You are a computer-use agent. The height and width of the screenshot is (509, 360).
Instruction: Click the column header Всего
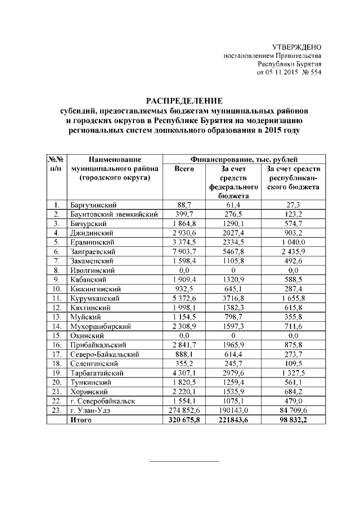point(184,169)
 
